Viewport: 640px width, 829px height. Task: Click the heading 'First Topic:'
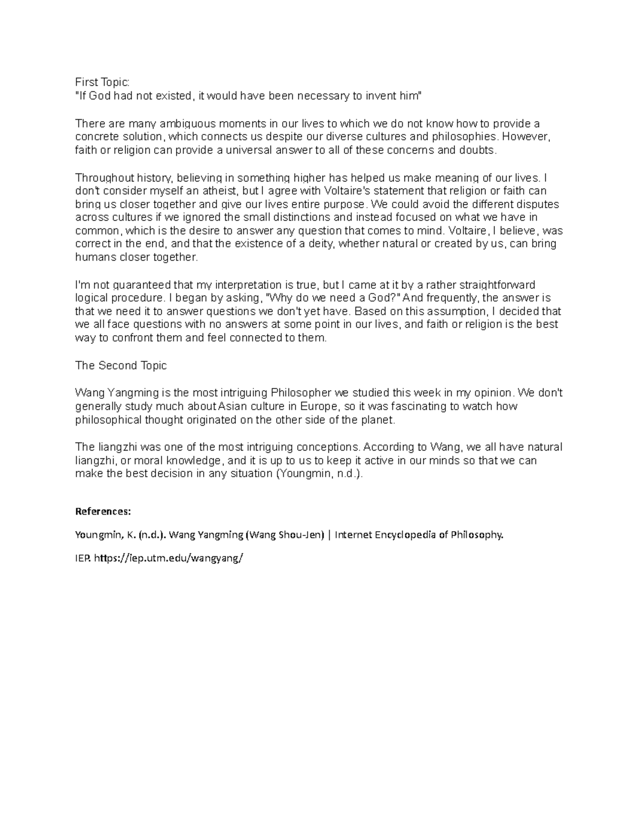point(102,82)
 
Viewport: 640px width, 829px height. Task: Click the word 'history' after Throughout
point(155,178)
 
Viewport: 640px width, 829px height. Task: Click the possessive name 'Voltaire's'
point(347,191)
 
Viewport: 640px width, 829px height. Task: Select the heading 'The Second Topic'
point(121,366)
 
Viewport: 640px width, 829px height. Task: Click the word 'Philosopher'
point(301,393)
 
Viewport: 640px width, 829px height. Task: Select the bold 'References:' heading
point(103,511)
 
